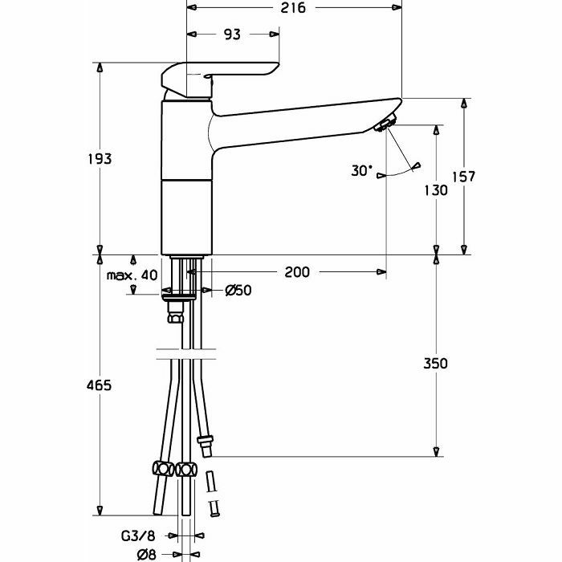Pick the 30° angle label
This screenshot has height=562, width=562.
[362, 170]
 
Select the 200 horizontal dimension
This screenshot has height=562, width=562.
[296, 272]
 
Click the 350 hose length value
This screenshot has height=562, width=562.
[436, 363]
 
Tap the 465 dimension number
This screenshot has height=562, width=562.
[100, 386]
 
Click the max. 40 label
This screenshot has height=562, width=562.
[132, 275]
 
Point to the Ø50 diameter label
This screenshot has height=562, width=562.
[238, 291]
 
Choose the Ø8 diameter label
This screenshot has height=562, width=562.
[145, 552]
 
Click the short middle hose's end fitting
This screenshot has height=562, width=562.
[206, 442]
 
